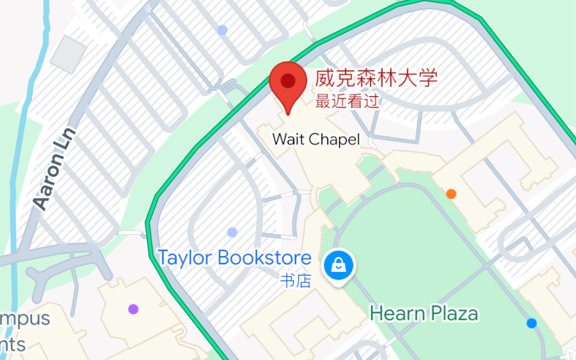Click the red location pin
coord(287,85)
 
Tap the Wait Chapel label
coord(316,140)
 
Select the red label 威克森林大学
coord(376,79)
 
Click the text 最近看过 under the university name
coord(347,101)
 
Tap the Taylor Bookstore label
coord(235,258)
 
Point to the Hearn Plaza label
coord(424,313)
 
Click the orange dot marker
coord(451,194)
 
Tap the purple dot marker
coord(133,309)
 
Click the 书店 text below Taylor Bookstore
coord(296,281)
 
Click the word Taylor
coord(185,258)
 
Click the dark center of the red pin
coord(288,81)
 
